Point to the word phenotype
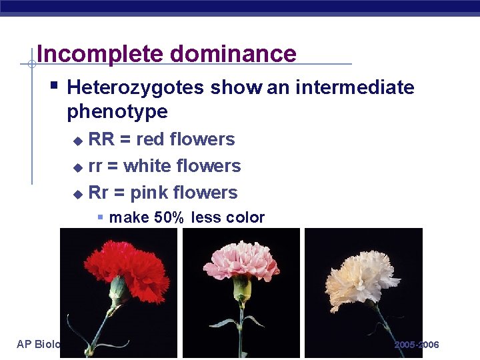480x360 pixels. [x=117, y=111]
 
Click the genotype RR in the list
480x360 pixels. [x=101, y=139]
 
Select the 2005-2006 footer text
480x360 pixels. [x=416, y=345]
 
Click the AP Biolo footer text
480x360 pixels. [x=39, y=345]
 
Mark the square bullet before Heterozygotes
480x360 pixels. [x=55, y=86]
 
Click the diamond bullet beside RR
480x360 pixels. [x=77, y=141]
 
